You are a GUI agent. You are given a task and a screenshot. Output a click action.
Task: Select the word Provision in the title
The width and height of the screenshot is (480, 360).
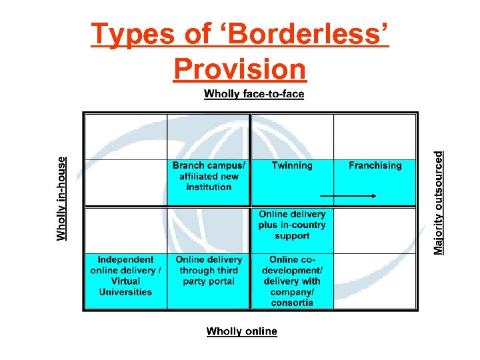coord(239,69)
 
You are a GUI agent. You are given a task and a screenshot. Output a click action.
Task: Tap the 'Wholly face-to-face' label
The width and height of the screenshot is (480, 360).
coord(254,94)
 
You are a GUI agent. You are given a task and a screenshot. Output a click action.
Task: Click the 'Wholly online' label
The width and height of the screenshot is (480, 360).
coord(241,331)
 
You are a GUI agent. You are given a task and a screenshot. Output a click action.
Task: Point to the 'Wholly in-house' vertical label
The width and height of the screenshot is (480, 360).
coord(61,198)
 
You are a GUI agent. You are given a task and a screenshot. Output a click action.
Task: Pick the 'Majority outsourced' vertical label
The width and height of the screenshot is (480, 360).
coord(439,202)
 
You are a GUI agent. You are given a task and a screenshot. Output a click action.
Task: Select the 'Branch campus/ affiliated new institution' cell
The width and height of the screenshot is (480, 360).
coord(209,176)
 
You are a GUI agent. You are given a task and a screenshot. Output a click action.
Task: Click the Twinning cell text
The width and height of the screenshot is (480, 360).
coord(292,165)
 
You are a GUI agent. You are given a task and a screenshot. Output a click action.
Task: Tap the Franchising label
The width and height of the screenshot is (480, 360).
coord(375,165)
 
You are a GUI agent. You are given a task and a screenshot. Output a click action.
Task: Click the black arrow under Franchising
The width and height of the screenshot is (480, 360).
coord(349,196)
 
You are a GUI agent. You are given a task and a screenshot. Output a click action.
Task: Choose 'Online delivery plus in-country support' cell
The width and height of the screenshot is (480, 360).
coord(292,225)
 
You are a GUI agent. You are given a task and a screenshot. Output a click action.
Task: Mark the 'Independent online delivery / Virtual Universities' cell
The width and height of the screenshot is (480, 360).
coord(125,275)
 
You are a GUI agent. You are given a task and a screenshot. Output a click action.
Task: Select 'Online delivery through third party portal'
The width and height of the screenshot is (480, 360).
coord(209,270)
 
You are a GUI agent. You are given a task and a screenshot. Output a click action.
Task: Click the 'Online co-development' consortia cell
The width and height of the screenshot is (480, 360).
coord(292,281)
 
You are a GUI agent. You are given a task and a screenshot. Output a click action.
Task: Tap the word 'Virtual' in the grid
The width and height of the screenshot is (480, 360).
coord(125,281)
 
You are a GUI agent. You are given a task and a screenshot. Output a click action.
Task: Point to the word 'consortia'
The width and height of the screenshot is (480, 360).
coord(292,303)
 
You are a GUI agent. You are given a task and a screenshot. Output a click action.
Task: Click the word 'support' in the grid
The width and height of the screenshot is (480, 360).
coord(292,236)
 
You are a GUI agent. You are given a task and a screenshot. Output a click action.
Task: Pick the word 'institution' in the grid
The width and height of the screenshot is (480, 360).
coord(209,187)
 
